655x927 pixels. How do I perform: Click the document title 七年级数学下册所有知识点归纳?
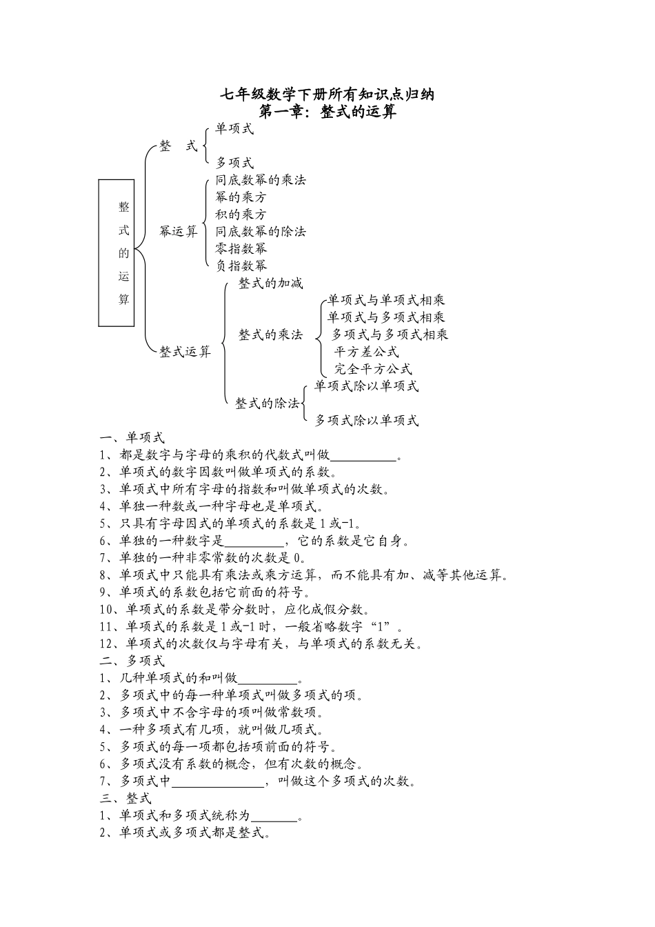[x=327, y=94]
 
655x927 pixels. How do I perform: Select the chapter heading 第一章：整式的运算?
[x=327, y=112]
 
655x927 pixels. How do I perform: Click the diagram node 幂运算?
[x=179, y=232]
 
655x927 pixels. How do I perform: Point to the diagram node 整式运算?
[x=185, y=352]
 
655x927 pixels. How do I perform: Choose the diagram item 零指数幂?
[x=241, y=248]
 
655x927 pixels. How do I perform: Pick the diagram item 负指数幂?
[x=241, y=266]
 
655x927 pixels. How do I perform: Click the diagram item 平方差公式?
[x=366, y=352]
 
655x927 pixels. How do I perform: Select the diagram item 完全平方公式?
[x=373, y=369]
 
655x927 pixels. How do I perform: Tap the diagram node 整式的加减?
[x=270, y=283]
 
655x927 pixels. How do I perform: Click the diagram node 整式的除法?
[x=268, y=403]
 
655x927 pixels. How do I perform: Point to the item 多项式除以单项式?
[x=367, y=420]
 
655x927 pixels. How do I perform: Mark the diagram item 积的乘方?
[x=241, y=215]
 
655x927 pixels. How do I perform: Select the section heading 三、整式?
[x=125, y=799]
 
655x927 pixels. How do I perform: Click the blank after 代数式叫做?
[x=364, y=456]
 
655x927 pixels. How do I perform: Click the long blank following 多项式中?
[x=217, y=781]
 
